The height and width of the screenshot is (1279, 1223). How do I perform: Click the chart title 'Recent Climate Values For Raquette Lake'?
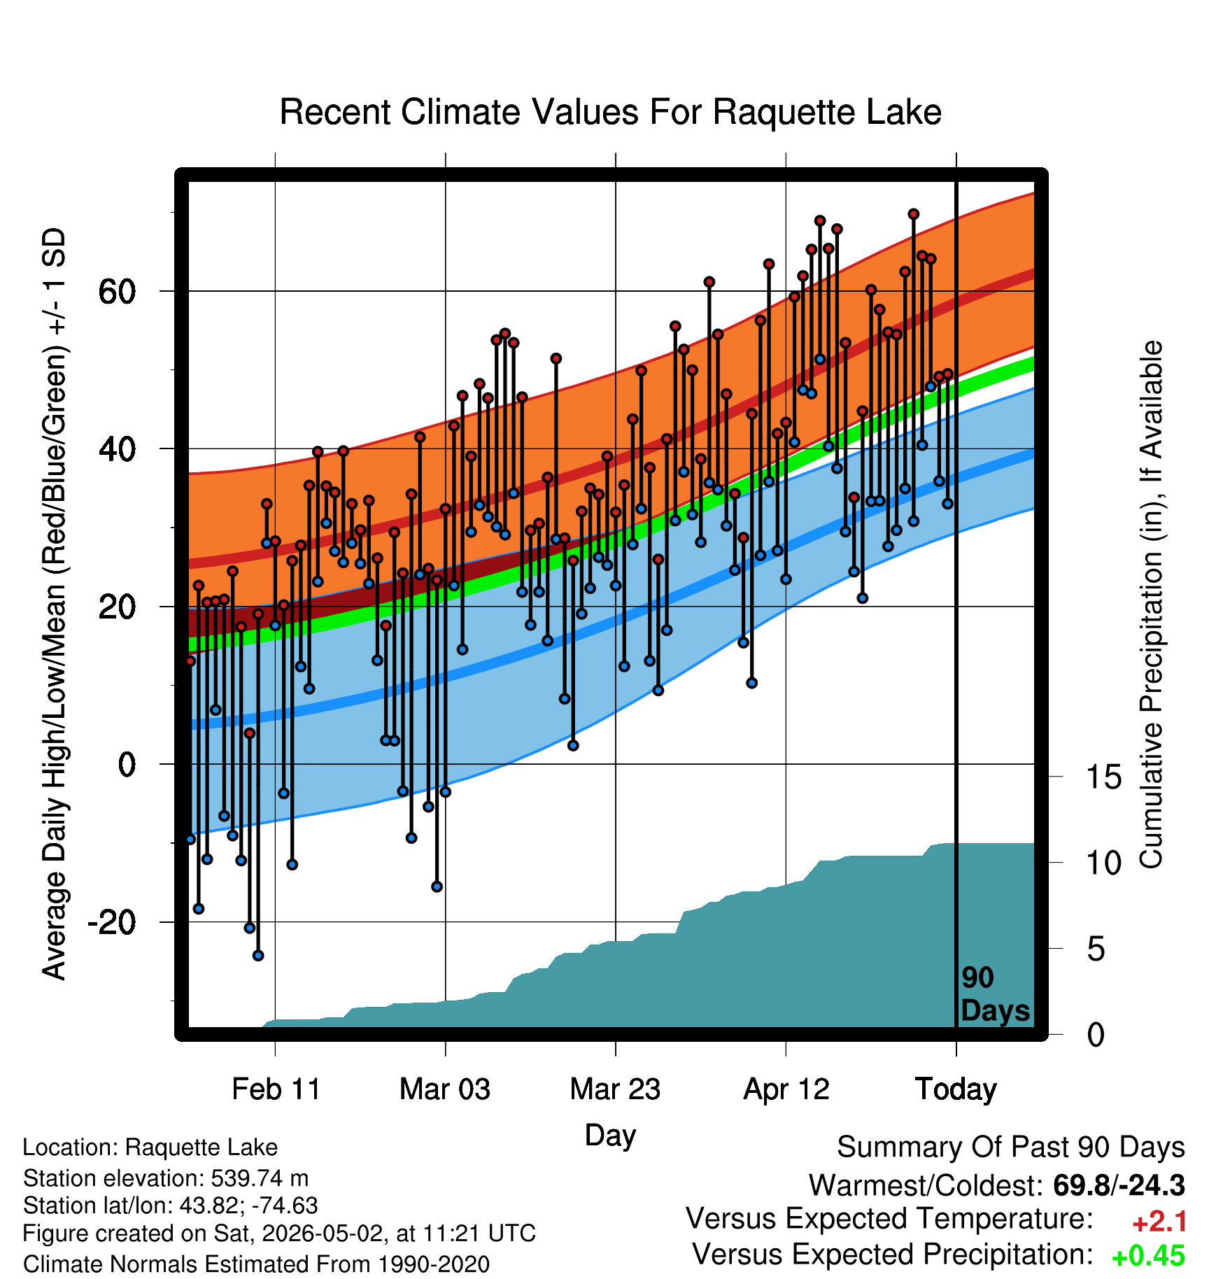[x=610, y=112]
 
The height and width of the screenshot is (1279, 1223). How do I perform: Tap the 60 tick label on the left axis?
[x=117, y=291]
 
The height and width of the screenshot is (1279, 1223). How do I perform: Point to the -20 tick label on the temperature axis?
[x=111, y=922]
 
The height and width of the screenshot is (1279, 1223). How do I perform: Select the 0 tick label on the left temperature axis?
[x=127, y=764]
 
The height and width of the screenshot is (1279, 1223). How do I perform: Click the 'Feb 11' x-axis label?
[x=276, y=1089]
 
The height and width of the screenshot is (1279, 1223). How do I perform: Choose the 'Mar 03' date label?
[x=445, y=1089]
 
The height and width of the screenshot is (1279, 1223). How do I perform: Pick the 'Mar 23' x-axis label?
[x=615, y=1089]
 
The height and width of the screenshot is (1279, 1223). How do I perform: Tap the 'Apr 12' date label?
[x=786, y=1089]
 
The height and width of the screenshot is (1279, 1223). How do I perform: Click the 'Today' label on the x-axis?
[x=956, y=1089]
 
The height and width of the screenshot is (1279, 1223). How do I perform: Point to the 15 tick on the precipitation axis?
[x=1103, y=777]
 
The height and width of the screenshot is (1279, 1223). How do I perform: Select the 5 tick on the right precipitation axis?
[x=1096, y=949]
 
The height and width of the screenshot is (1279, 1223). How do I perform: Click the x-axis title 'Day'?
[x=610, y=1136]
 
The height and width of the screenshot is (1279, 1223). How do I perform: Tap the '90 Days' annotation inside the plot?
[x=995, y=994]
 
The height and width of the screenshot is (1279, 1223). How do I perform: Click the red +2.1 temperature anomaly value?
[x=1159, y=1222]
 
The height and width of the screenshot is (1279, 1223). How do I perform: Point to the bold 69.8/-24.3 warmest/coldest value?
[x=1119, y=1185]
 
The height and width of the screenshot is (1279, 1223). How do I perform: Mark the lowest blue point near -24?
[x=258, y=955]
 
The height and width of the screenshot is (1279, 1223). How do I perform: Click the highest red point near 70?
[x=913, y=214]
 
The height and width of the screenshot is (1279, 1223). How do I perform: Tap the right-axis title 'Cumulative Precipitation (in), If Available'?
[x=1151, y=605]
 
